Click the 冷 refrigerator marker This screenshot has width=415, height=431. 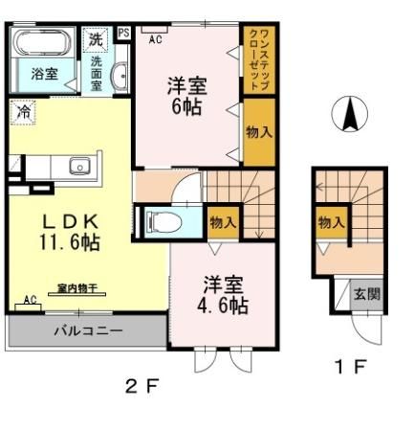tap(21, 111)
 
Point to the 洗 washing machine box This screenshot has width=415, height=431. tap(95, 39)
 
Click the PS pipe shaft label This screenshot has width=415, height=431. tap(123, 33)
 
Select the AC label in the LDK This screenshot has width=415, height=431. tap(30, 299)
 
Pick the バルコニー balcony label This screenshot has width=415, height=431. tap(87, 331)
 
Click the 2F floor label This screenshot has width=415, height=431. tap(141, 387)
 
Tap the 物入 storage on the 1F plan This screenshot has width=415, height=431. tap(331, 222)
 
